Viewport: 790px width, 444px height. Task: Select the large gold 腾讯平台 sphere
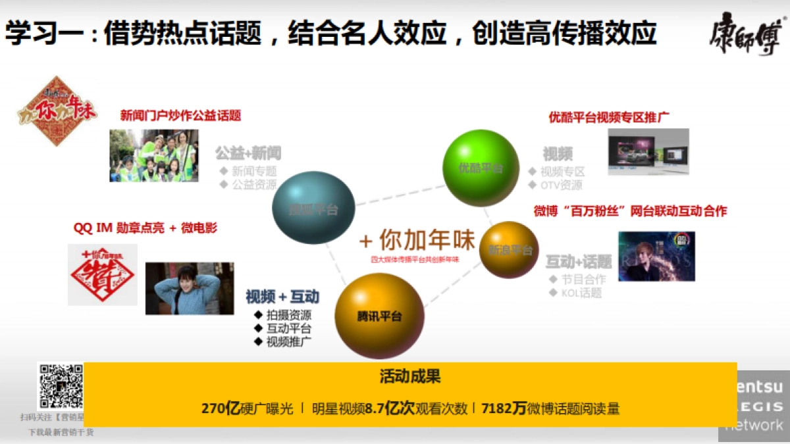[379, 316]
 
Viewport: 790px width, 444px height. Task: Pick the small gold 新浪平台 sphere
[509, 249]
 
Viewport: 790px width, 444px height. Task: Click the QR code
[61, 386]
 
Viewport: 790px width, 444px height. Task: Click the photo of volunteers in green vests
[154, 155]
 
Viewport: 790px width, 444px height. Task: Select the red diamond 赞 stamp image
[102, 275]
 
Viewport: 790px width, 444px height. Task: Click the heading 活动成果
[409, 377]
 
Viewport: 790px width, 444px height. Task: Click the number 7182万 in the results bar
[504, 408]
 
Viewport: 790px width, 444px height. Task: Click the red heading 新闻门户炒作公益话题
[180, 116]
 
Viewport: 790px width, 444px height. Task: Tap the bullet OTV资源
[561, 185]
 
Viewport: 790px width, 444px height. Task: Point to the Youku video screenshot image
[648, 152]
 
